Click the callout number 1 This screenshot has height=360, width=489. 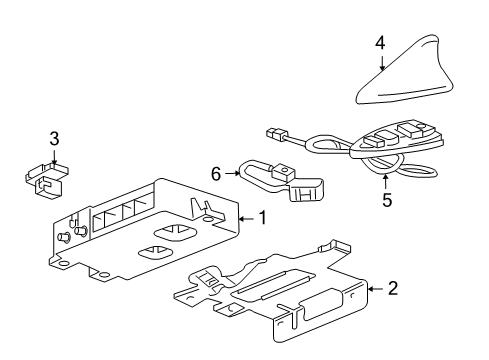[262, 217]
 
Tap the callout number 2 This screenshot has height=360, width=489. [392, 290]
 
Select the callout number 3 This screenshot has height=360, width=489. [55, 140]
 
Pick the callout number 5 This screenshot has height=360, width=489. [386, 200]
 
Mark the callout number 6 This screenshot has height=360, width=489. [217, 172]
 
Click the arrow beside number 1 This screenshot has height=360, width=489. [247, 217]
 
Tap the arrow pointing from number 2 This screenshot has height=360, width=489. [375, 290]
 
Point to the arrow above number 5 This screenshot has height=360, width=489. [386, 181]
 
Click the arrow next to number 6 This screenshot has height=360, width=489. [233, 172]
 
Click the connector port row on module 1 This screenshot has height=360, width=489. [119, 214]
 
